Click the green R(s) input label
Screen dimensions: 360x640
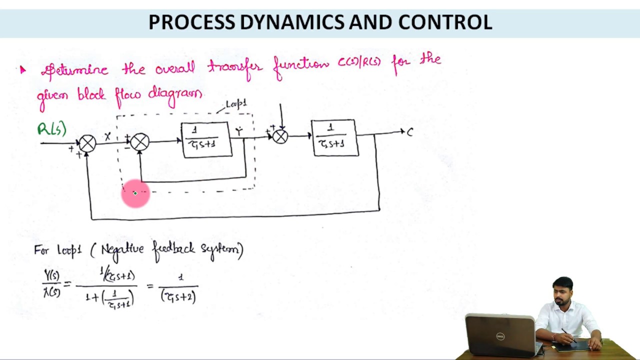(x=51, y=129)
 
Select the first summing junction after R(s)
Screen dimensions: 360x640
(x=87, y=143)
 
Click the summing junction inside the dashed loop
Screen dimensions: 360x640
(x=140, y=142)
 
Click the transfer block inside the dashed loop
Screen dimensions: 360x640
(x=206, y=139)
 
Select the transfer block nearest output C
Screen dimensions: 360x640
(x=334, y=137)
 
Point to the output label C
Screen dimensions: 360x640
(x=410, y=132)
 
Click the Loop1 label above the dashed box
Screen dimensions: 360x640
(x=236, y=104)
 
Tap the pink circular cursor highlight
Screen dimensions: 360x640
(x=135, y=193)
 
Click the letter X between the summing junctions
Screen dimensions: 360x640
(x=107, y=136)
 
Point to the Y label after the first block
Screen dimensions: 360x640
(x=239, y=132)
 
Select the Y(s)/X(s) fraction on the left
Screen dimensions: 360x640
(x=52, y=284)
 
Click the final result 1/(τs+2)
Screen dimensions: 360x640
(x=179, y=288)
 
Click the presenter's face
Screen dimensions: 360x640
(x=563, y=291)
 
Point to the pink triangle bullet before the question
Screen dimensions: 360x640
(x=22, y=70)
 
